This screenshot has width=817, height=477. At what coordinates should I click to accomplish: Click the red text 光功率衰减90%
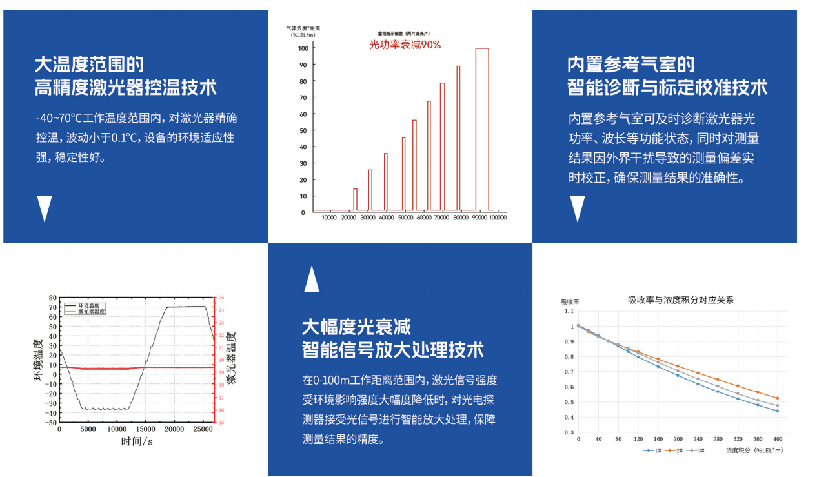[405, 45]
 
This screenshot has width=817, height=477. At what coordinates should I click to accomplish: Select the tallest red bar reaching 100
[482, 129]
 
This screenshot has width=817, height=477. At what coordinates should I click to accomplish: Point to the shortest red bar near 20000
[355, 199]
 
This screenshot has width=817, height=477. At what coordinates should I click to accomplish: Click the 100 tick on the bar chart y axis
[302, 48]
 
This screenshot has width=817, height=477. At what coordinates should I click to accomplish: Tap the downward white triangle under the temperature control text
[44, 208]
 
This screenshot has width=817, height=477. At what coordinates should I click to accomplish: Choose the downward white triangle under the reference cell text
[577, 208]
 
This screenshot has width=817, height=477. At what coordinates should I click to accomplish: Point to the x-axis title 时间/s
[137, 441]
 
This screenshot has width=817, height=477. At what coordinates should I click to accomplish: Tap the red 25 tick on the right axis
[221, 298]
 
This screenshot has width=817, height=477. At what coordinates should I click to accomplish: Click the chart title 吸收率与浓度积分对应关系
[681, 300]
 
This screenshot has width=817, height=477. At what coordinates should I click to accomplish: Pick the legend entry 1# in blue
[653, 450]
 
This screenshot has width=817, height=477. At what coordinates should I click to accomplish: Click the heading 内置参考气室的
[630, 65]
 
